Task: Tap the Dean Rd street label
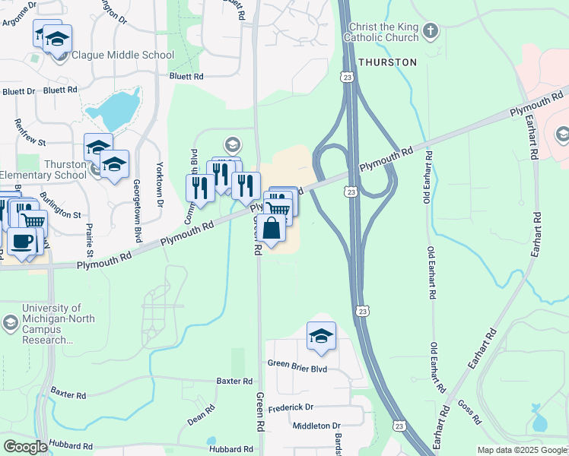202,413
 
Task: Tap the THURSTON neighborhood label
387,62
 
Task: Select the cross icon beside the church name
431,32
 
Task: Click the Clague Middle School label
122,55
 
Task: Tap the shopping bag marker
272,228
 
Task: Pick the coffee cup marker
21,241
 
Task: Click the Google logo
25,446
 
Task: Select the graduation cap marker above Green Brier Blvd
321,336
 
